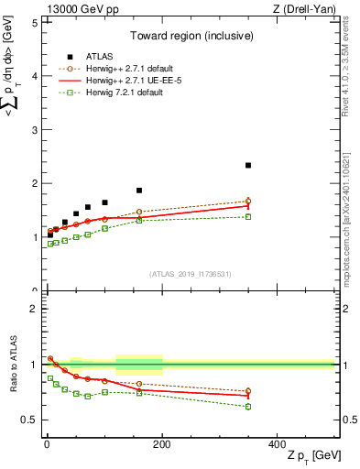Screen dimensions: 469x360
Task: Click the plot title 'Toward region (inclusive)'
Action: pyautogui.click(x=191, y=37)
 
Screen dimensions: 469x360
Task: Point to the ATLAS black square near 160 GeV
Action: pyautogui.click(x=139, y=191)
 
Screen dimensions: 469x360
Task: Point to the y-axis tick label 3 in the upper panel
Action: pyautogui.click(x=34, y=130)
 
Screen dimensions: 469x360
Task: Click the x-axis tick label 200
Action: pyautogui.click(x=161, y=443)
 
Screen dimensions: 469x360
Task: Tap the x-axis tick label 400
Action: pyautogui.click(x=277, y=443)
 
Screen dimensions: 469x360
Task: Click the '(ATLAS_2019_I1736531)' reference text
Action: pyautogui.click(x=191, y=274)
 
